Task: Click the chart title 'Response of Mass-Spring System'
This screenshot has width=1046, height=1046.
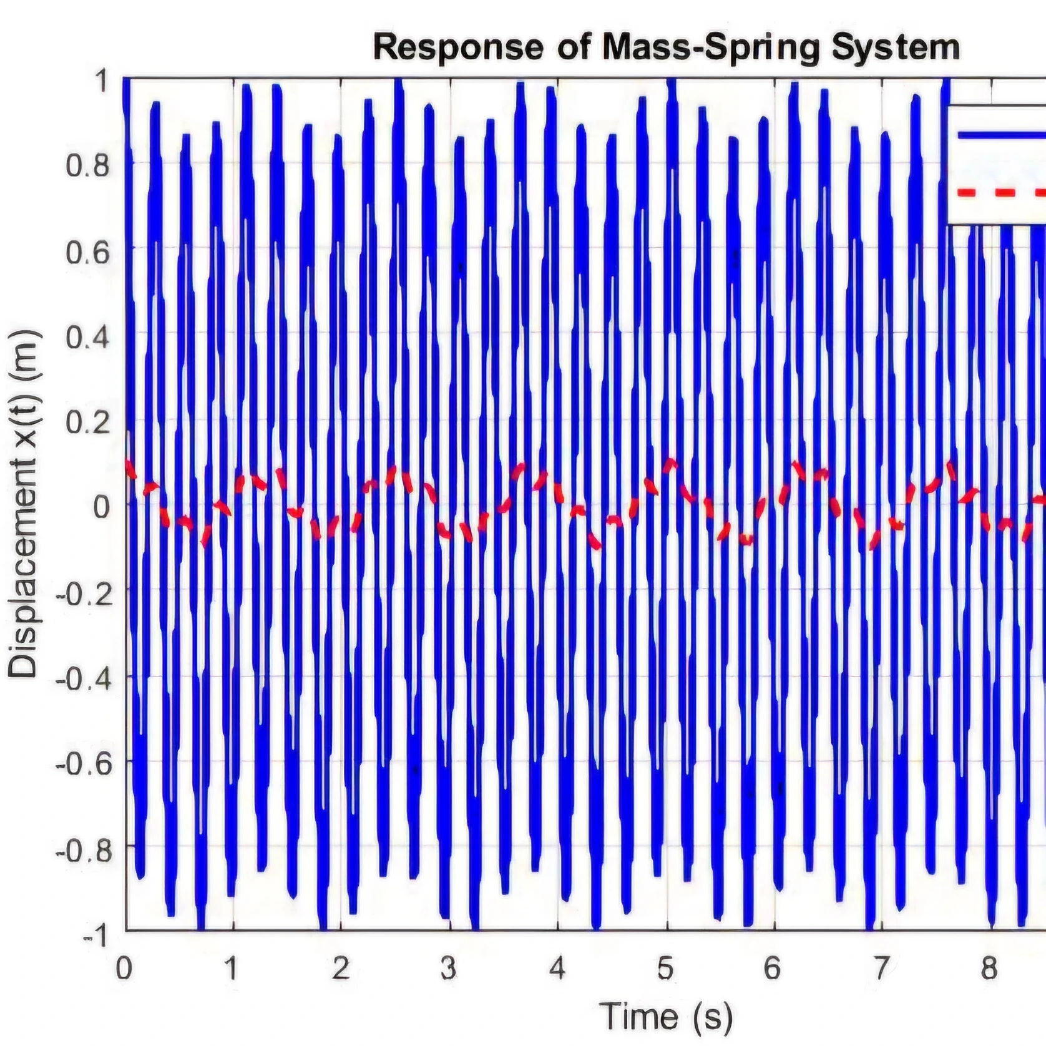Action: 666,48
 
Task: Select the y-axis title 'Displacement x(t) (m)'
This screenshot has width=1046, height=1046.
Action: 24,504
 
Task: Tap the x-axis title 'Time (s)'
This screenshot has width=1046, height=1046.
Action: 666,1016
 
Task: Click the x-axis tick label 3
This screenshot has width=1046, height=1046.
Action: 448,969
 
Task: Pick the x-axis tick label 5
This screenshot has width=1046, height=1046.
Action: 665,969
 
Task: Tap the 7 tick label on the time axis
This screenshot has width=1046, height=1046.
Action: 881,969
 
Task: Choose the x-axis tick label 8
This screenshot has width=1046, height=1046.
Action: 989,969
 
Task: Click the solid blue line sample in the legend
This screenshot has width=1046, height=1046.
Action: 1002,135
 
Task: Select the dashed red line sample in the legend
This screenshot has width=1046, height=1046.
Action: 1002,193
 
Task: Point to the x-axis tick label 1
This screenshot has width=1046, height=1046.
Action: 232,969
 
